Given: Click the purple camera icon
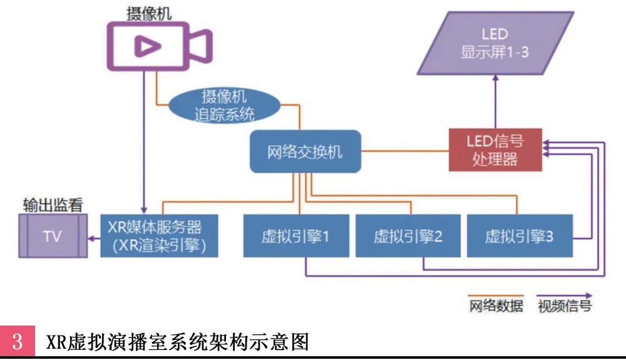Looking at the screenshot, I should click(159, 45).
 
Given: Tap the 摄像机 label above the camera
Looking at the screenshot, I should click(150, 13).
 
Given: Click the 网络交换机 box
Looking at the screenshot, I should click(305, 152).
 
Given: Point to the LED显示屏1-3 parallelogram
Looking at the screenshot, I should click(495, 43).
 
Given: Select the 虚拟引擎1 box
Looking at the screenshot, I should click(295, 236).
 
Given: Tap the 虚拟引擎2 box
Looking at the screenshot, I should click(407, 236).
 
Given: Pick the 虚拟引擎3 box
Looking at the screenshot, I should click(518, 236).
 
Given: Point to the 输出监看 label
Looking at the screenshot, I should click(53, 205).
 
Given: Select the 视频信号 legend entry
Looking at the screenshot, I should click(564, 307).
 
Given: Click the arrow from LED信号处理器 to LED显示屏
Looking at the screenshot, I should click(495, 100).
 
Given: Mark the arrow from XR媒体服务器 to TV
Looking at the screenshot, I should click(93, 238).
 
